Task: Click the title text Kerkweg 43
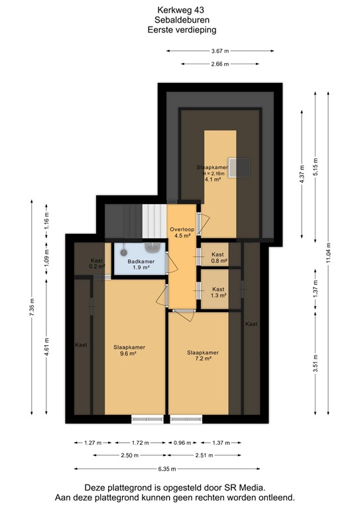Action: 180,9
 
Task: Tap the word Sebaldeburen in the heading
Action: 180,20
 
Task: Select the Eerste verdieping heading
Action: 180,30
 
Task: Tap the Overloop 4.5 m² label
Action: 182,231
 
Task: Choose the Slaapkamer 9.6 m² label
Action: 129,351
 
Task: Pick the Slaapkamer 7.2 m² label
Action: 202,355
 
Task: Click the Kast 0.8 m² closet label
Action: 219,258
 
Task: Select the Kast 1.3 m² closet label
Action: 219,292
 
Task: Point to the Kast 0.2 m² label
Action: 97,263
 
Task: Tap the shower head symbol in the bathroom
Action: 123,252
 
